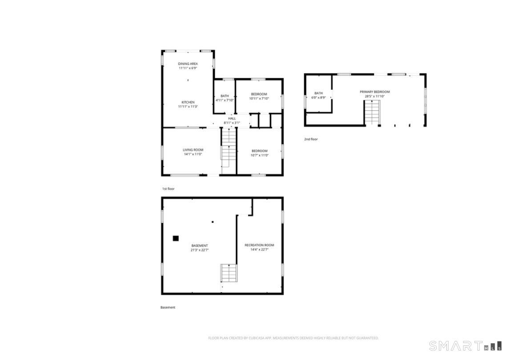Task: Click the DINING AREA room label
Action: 188,64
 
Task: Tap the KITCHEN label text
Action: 188,102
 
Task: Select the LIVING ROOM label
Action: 193,150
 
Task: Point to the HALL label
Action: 232,118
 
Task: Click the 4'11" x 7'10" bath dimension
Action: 225,100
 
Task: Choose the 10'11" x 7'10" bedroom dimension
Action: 259,99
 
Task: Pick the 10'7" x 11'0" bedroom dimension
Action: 259,155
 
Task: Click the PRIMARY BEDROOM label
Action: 374,92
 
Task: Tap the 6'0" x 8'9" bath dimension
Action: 318,97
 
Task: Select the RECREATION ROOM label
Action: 259,245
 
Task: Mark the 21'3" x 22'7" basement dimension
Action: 200,250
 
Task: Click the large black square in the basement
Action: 176,238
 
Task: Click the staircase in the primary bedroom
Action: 373,112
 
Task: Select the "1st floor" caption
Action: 168,189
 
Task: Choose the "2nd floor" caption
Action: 311,139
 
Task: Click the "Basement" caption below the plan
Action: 168,307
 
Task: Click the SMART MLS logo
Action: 465,345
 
